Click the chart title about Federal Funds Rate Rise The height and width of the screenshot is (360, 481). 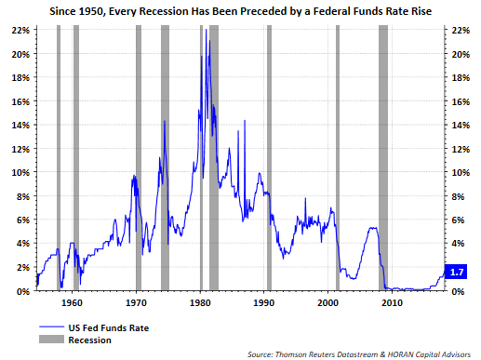point(240,10)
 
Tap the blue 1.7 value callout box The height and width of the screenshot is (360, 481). point(456,272)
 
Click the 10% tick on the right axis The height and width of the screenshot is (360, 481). point(457,173)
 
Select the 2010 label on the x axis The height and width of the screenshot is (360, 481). point(392,303)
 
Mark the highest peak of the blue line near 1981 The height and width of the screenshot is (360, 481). point(207,41)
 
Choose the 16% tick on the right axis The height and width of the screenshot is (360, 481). point(457,101)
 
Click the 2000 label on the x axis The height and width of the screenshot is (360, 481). point(328,303)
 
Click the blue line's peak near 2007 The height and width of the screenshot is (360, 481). point(373,228)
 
